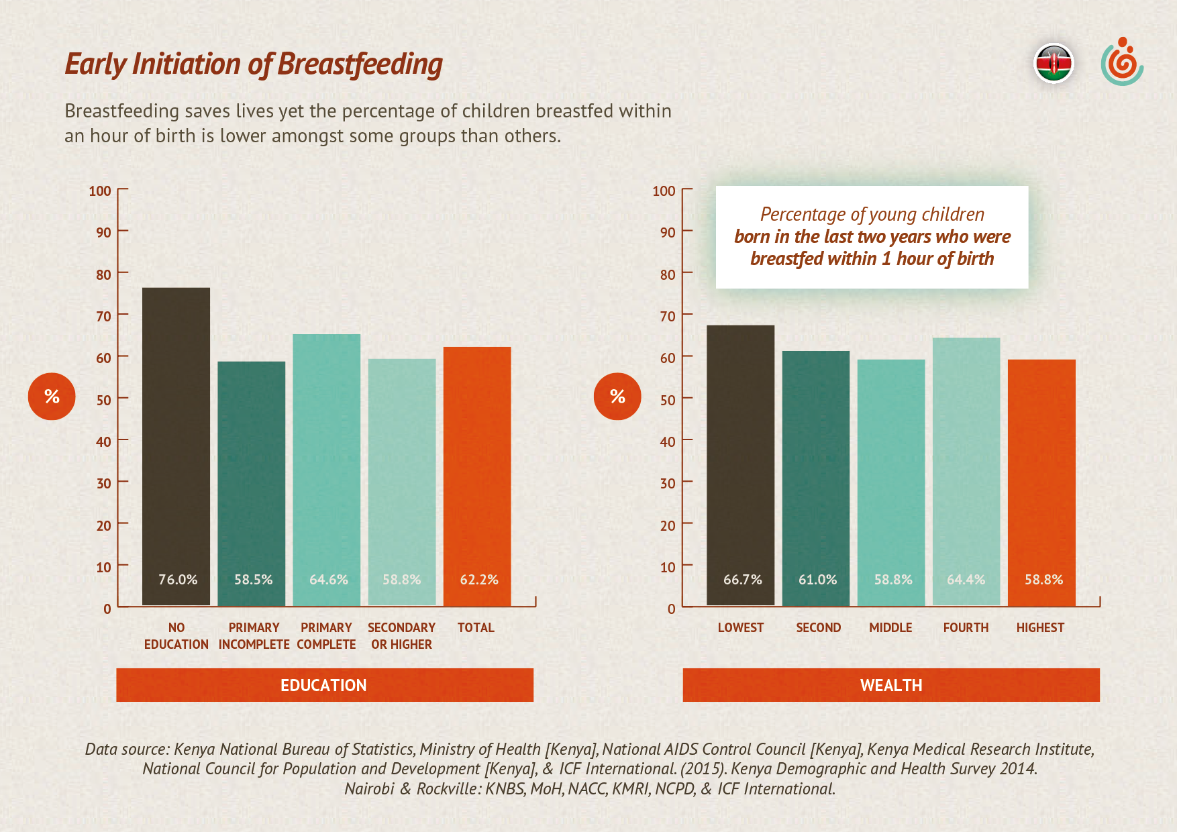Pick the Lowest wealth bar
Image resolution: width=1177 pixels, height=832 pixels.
tap(740, 463)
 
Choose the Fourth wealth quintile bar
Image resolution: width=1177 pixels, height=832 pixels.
tap(966, 470)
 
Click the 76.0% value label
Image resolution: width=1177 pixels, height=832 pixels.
tap(178, 580)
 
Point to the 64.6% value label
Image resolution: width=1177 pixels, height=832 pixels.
tap(328, 580)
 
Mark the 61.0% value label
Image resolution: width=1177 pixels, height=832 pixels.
tap(817, 580)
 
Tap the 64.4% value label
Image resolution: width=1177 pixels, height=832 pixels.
tap(966, 580)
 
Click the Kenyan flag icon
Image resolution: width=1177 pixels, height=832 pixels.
tap(1054, 64)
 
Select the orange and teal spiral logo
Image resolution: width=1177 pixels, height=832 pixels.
tap(1122, 62)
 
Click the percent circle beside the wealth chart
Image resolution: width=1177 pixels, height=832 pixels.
tap(617, 397)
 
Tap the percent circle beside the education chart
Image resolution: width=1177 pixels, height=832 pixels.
tap(52, 397)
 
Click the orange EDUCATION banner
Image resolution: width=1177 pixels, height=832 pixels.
tap(324, 685)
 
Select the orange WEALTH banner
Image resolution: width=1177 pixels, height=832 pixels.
tap(891, 685)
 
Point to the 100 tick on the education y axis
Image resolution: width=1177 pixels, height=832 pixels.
tap(100, 191)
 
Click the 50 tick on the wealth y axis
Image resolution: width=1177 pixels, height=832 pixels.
tap(667, 400)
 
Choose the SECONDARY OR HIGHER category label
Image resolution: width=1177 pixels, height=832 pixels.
tap(401, 636)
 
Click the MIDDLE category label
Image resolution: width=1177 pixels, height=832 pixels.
tap(890, 628)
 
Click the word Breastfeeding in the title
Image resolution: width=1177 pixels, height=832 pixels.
tap(360, 65)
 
